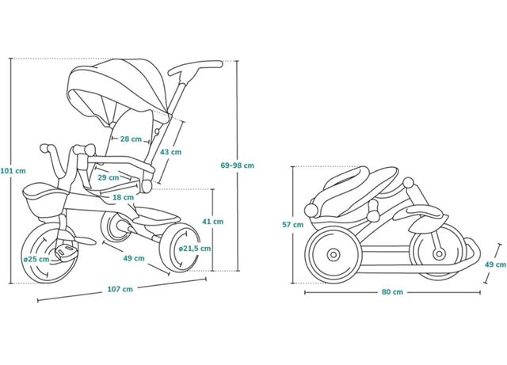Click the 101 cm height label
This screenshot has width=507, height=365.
point(13,170)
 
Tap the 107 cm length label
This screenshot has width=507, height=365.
point(120,288)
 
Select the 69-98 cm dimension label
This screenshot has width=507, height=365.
point(237,165)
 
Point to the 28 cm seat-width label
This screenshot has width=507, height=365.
point(131,139)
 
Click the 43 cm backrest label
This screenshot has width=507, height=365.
point(170,151)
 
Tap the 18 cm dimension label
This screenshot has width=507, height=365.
point(123,197)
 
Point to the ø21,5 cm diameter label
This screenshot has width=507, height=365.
point(194,248)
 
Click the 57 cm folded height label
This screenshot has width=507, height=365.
point(292,224)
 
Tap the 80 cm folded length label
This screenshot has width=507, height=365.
point(392,291)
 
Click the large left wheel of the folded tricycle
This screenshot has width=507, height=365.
point(333,255)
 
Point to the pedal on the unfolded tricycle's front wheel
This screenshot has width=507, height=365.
point(67,251)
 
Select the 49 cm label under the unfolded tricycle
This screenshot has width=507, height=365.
point(134,258)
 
